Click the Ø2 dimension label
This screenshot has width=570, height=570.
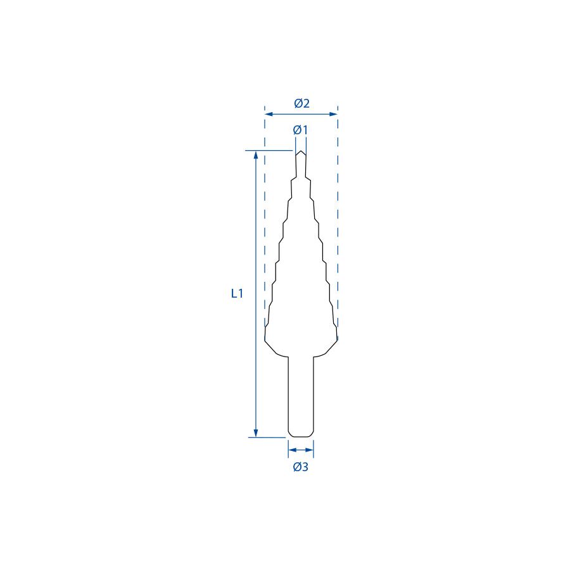[x=301, y=104]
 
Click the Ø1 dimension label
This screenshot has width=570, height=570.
[x=301, y=130]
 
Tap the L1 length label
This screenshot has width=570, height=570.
[x=237, y=293]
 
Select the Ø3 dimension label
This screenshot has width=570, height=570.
[x=301, y=466]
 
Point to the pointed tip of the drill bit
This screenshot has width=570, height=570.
[x=301, y=151]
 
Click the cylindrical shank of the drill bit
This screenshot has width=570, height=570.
[x=301, y=396]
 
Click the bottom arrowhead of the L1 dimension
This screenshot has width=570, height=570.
[x=256, y=433]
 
